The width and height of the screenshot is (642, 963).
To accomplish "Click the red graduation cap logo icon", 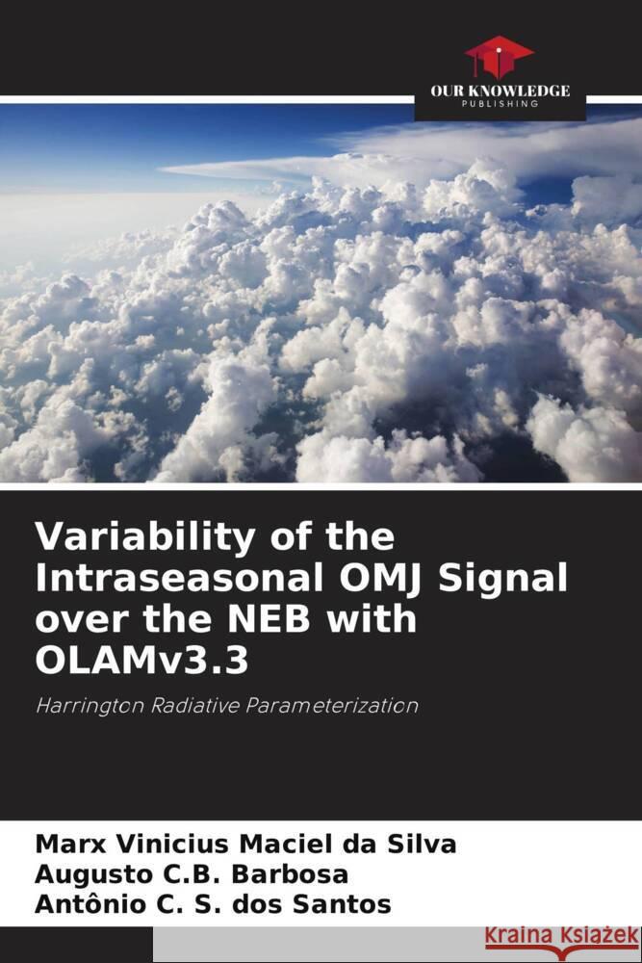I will tap(500, 58).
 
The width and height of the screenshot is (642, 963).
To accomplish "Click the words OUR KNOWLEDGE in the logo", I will tap(500, 91).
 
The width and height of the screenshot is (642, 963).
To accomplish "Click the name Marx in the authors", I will tap(63, 846).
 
